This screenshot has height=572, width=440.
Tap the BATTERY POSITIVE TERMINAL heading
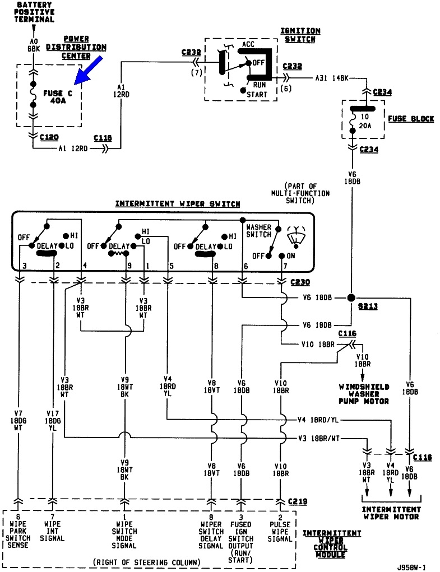click(x=35, y=12)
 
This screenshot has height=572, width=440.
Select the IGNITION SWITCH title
click(x=300, y=35)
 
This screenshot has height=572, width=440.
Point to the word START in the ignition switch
click(x=257, y=94)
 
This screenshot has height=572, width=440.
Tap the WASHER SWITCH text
click(x=258, y=231)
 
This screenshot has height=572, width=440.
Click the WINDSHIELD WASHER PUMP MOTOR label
click(x=364, y=394)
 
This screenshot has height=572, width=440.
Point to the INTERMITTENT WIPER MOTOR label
click(x=391, y=513)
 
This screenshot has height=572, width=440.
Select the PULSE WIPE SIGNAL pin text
click(x=279, y=531)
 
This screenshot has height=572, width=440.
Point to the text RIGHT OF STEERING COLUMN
click(x=147, y=561)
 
